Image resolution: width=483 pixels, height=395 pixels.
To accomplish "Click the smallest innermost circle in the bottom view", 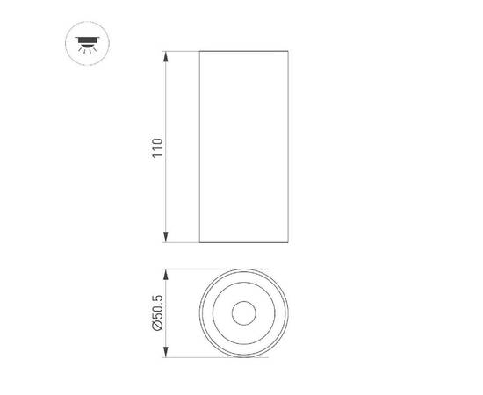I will click(x=243, y=313).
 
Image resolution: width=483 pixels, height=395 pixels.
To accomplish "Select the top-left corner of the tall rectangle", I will click(x=200, y=52).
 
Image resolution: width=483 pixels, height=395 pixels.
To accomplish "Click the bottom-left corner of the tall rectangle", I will click(x=200, y=242).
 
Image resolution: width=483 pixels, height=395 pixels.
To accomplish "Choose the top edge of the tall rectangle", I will click(x=243, y=52).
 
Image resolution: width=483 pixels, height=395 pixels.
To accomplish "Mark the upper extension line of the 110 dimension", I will click(x=180, y=52).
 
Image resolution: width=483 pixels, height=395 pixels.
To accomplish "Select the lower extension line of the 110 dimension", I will click(x=180, y=242).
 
